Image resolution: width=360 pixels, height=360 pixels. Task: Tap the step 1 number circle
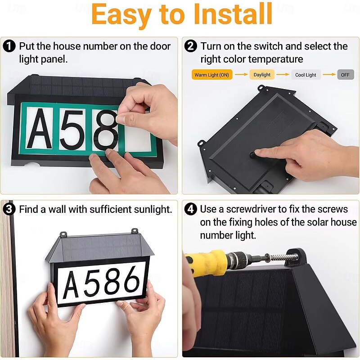[x=9, y=46]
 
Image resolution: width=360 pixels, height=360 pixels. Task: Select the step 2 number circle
[x=190, y=46]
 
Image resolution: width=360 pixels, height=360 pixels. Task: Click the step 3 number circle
[x=9, y=209]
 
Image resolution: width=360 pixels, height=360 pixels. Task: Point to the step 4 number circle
[x=190, y=209]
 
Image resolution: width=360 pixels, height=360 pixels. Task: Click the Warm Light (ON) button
[x=211, y=75]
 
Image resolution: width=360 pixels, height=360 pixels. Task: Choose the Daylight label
[x=262, y=75]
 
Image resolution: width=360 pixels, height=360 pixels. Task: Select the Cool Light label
[x=306, y=75]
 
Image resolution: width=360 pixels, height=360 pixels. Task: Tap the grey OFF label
[x=345, y=75]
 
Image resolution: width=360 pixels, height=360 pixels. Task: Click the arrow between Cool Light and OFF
[x=329, y=74]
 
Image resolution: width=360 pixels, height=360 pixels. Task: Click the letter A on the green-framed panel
[x=39, y=129]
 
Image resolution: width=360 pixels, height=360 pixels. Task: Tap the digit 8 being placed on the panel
[x=105, y=130]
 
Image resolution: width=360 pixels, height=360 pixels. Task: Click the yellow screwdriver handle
[x=207, y=262]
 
